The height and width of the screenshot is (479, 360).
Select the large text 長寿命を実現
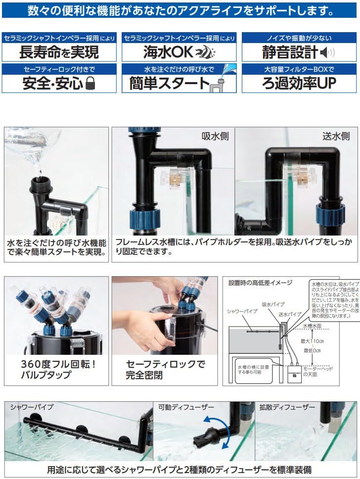point(59,52)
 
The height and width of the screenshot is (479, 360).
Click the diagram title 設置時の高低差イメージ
point(260,283)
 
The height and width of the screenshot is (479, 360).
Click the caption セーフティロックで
point(166,364)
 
